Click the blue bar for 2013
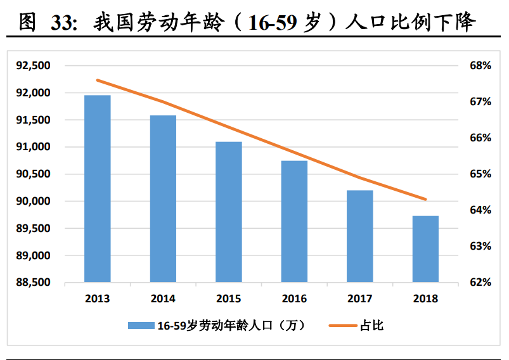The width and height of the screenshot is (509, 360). click(97, 188)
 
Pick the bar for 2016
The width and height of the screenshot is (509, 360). click(294, 221)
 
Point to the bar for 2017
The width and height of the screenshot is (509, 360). click(359, 236)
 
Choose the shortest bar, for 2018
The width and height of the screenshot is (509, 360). click(425, 248)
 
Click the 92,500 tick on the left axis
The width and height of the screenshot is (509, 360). click(33, 66)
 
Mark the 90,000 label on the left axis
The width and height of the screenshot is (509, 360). click(33, 202)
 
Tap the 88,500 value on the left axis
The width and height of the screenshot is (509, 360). click(33, 283)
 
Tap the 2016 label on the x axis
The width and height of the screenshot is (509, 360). click(294, 299)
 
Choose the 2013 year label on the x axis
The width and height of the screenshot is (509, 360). click(97, 299)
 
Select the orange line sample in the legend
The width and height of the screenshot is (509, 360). click(342, 326)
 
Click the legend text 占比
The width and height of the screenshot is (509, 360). click(372, 326)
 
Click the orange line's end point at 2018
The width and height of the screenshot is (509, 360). click(425, 199)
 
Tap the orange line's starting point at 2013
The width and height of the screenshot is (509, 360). click(97, 80)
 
